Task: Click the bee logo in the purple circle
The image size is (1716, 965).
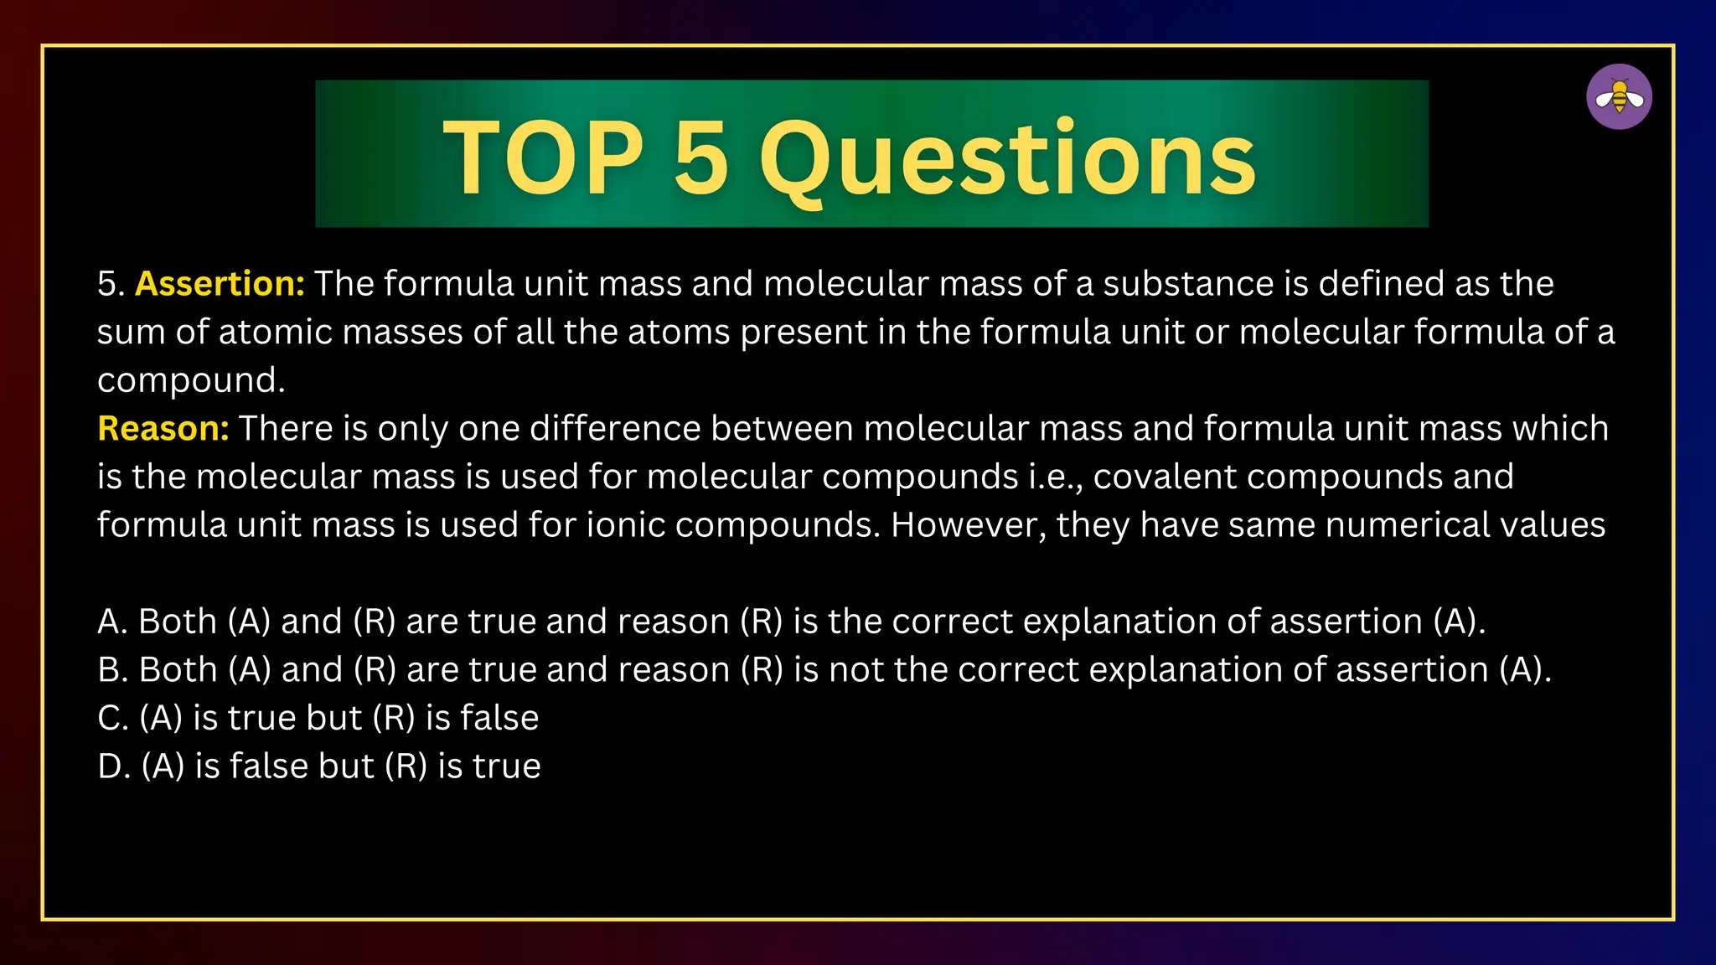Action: (x=1619, y=97)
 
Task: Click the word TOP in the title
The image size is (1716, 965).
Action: (x=543, y=157)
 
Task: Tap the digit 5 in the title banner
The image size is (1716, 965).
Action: (x=700, y=157)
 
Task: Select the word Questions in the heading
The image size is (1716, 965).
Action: (x=1007, y=159)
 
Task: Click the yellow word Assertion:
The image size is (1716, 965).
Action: (x=220, y=284)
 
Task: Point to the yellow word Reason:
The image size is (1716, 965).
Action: (x=163, y=429)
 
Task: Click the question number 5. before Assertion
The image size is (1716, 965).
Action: (x=111, y=284)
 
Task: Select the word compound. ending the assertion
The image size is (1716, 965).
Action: (x=191, y=381)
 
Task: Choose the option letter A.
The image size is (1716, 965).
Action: (x=112, y=622)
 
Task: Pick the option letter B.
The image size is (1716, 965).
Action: (x=112, y=670)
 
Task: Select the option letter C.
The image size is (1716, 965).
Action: (x=112, y=719)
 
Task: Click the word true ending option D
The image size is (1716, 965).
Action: (x=507, y=766)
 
